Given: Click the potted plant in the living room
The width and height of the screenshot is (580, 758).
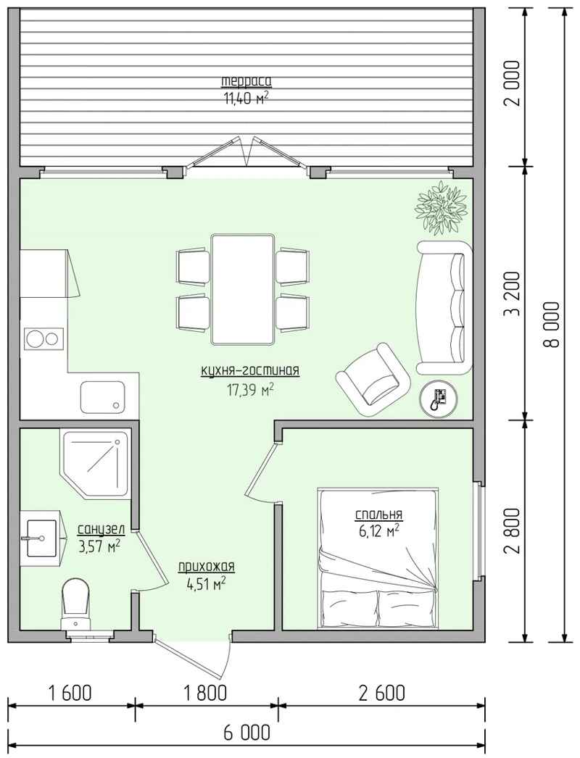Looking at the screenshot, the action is pos(443,207).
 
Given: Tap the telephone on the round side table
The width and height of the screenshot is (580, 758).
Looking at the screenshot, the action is pos(439,397).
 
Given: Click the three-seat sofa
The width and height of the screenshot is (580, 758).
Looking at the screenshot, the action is pos(444,307).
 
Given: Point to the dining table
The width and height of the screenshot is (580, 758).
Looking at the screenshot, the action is pos(243,289).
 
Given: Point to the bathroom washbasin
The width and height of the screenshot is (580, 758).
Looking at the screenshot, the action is pos(42,538).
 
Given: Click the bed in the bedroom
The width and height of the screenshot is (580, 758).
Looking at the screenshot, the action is pos(378,559).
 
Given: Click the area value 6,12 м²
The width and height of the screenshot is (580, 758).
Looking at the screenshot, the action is pos(378,531).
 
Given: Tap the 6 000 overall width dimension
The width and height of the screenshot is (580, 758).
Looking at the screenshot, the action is pos(246,733).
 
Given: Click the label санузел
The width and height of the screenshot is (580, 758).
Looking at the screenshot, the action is pos(101,530).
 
